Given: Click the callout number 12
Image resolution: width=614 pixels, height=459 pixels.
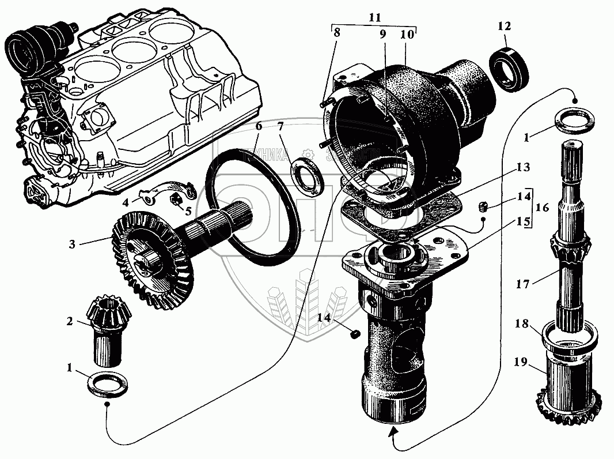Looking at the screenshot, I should point(505,27).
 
